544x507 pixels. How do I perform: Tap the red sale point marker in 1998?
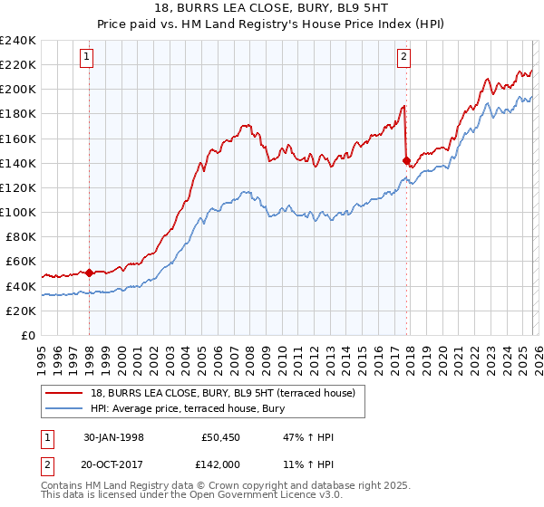pyautogui.click(x=90, y=272)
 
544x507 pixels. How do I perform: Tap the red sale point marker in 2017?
pyautogui.click(x=406, y=160)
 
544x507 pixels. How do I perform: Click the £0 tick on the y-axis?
pyautogui.click(x=28, y=335)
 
